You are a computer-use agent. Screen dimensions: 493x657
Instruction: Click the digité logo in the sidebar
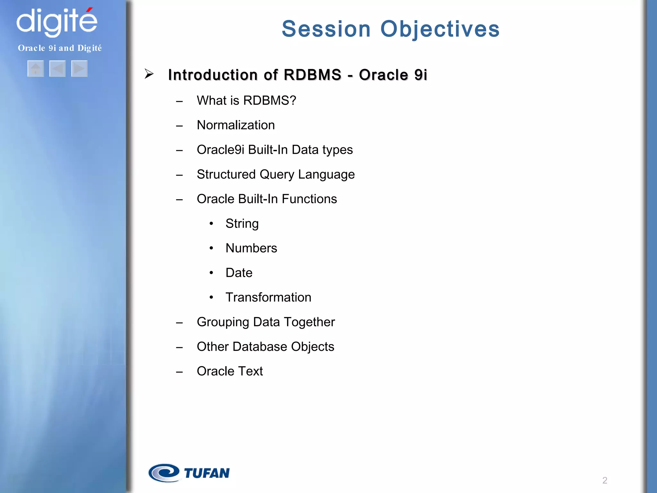click(57, 22)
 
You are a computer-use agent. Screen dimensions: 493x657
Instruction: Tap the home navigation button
click(36, 69)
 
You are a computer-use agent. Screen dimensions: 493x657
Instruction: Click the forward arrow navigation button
click(79, 69)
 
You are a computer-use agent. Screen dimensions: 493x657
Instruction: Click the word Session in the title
click(326, 29)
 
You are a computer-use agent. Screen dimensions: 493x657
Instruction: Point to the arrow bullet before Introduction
click(149, 74)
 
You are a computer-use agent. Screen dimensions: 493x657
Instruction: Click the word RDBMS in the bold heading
click(312, 75)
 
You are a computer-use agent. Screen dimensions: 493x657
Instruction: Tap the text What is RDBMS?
click(246, 100)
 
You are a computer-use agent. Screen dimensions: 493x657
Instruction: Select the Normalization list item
click(236, 125)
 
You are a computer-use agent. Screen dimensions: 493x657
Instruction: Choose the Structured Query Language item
click(276, 175)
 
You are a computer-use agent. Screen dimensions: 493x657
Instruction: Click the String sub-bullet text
click(242, 224)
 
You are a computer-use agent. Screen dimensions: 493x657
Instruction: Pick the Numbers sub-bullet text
click(251, 248)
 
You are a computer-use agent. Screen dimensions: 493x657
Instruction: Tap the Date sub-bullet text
click(239, 273)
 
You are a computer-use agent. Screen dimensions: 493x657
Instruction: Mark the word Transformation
click(268, 298)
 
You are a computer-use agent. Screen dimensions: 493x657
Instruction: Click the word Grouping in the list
click(223, 322)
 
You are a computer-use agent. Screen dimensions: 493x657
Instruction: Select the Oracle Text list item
click(230, 371)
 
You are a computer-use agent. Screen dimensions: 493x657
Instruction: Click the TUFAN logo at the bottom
click(189, 473)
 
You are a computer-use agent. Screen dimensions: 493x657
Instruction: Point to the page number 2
click(605, 480)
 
